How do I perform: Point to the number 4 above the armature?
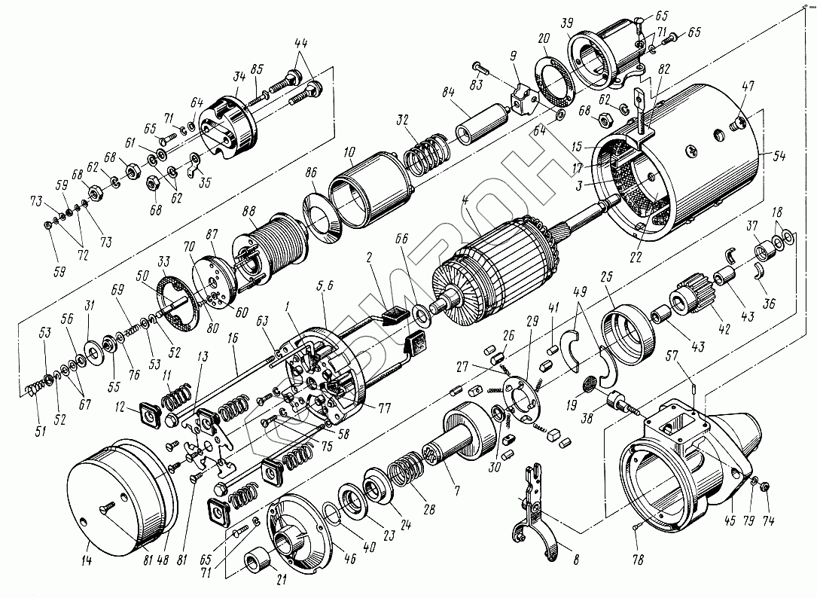click(466, 203)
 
